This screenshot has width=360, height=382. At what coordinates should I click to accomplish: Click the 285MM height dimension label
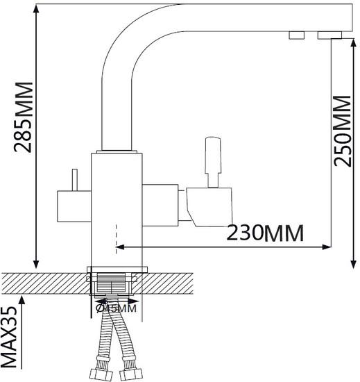(24, 117)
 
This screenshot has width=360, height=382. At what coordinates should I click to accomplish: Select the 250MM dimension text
(343, 131)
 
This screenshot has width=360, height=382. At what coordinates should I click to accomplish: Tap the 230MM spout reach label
(265, 233)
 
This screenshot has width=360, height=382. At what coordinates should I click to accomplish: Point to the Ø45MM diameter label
(116, 308)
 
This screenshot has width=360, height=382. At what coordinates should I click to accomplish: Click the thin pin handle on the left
(75, 180)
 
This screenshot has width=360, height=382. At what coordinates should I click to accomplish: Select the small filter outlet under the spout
(297, 35)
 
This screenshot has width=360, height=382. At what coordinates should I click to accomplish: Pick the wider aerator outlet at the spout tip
(329, 35)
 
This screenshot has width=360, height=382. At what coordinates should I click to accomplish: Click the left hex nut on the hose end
(101, 376)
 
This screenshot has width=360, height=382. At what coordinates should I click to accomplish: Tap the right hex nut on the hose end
(130, 376)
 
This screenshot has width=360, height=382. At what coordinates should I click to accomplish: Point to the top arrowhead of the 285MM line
(36, 9)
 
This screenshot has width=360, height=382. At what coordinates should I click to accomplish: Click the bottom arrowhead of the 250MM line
(353, 264)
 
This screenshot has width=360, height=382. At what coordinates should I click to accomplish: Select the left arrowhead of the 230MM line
(120, 247)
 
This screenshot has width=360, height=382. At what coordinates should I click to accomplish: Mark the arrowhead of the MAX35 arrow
(22, 300)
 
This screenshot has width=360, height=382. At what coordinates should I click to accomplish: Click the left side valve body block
(74, 206)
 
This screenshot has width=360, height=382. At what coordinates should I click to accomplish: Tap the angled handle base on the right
(209, 207)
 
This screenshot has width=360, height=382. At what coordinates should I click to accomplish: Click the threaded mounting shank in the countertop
(112, 283)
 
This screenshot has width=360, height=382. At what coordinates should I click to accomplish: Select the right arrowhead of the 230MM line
(327, 247)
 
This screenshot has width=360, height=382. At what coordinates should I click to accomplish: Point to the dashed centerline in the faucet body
(117, 239)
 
